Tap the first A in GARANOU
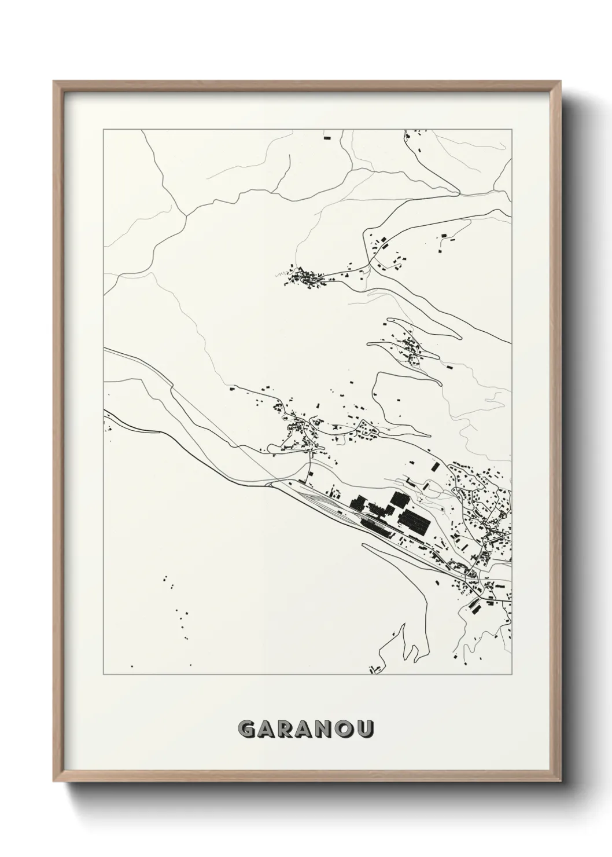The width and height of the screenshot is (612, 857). pyautogui.click(x=267, y=729)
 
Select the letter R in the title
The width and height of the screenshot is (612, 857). pyautogui.click(x=287, y=729)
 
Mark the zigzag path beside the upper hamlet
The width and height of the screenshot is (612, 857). pyautogui.click(x=288, y=277)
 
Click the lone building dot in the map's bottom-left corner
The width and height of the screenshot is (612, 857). pyautogui.click(x=132, y=666)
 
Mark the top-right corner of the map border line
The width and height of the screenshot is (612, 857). pyautogui.click(x=512, y=130)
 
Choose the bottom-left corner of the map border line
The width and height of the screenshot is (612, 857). pyautogui.click(x=104, y=675)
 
